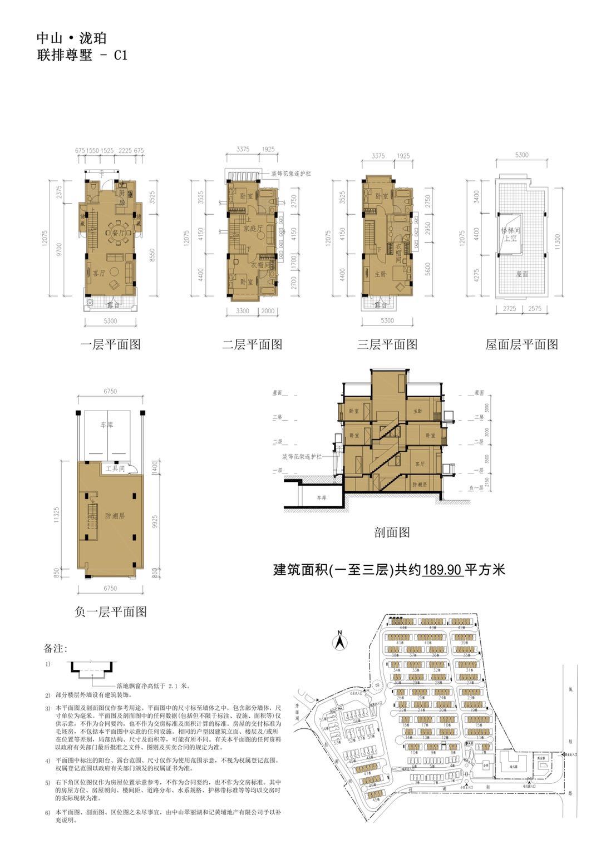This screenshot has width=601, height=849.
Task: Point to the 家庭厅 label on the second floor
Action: (x=249, y=220)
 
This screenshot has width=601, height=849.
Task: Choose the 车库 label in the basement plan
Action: (x=106, y=424)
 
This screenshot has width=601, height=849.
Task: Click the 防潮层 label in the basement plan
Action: (x=115, y=516)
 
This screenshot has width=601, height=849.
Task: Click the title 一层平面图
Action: (x=110, y=344)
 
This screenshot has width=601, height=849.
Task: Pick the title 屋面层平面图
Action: (x=521, y=344)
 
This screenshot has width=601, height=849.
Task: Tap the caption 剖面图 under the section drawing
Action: (x=392, y=532)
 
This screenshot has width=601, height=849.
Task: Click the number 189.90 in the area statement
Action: (x=442, y=570)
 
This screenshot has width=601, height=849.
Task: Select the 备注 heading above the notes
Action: (x=56, y=649)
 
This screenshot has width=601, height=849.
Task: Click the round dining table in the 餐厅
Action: (x=112, y=230)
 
